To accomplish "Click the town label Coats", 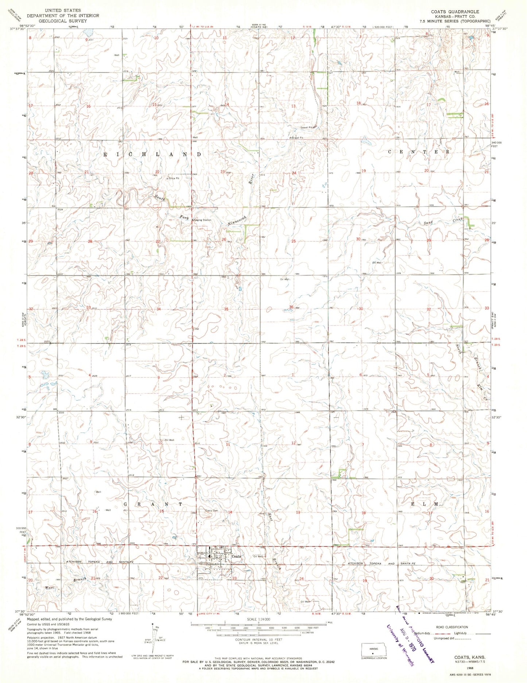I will click(236, 556).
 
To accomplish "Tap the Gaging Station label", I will click(202, 220).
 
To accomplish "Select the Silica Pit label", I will click(173, 179).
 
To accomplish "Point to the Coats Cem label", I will click(212, 511).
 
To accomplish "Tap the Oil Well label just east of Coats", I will click(258, 557).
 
